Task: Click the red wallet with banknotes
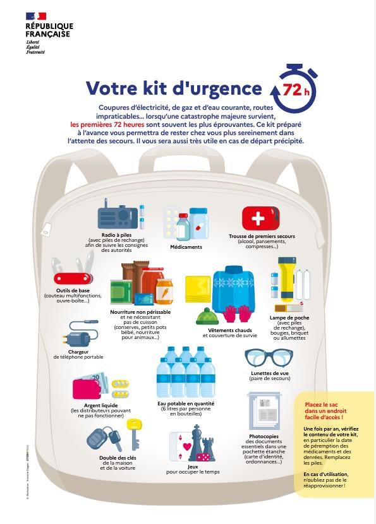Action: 90,386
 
